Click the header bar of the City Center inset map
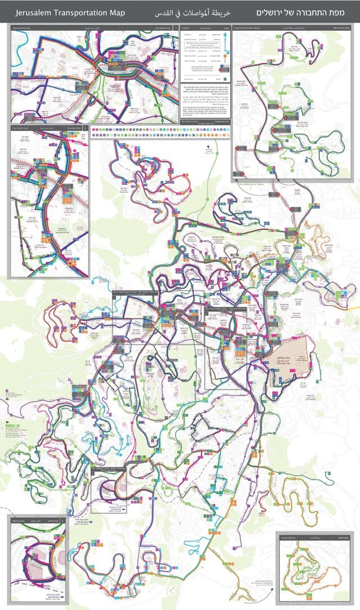[x=49, y=128]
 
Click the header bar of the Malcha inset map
[x=38, y=521]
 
